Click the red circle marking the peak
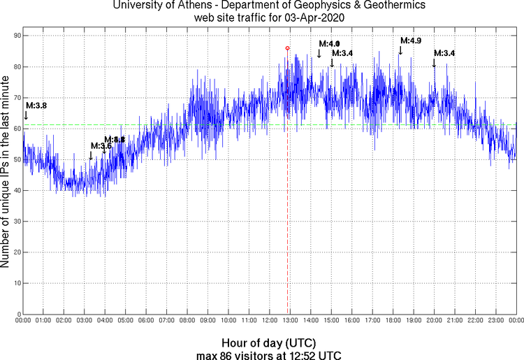[x=287, y=48]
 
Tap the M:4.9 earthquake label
[x=410, y=41]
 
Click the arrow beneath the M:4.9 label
[x=400, y=50]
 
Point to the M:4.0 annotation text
[x=329, y=44]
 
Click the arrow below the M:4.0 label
[x=319, y=54]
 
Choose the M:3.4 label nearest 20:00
[x=444, y=53]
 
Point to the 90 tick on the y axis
[x=14, y=36]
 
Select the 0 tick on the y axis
[x=16, y=315]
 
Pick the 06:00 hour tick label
[x=146, y=321]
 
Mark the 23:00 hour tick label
[x=495, y=321]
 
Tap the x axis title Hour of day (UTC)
[x=268, y=343]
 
